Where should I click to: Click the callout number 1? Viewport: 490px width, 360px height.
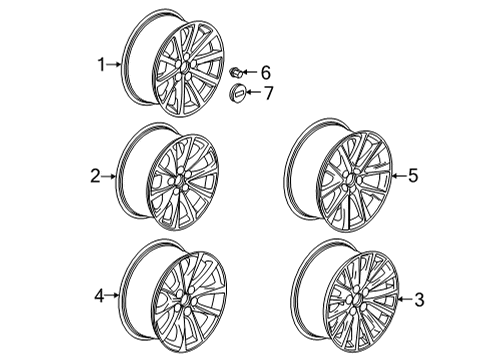pyautogui.click(x=100, y=65)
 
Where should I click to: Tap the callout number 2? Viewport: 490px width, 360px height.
pyautogui.click(x=95, y=177)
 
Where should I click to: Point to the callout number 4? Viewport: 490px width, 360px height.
pyautogui.click(x=99, y=295)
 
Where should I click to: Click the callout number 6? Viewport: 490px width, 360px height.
pyautogui.click(x=265, y=72)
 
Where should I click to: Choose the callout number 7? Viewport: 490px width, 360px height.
pyautogui.click(x=267, y=92)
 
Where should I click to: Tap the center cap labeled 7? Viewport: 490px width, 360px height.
pyautogui.click(x=239, y=93)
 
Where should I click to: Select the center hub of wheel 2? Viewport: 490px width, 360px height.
pyautogui.click(x=182, y=186)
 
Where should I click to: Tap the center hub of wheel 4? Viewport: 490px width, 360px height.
pyautogui.click(x=185, y=303)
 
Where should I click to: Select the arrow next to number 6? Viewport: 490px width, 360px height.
pyautogui.click(x=252, y=72)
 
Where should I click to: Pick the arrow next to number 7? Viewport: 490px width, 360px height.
pyautogui.click(x=254, y=92)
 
